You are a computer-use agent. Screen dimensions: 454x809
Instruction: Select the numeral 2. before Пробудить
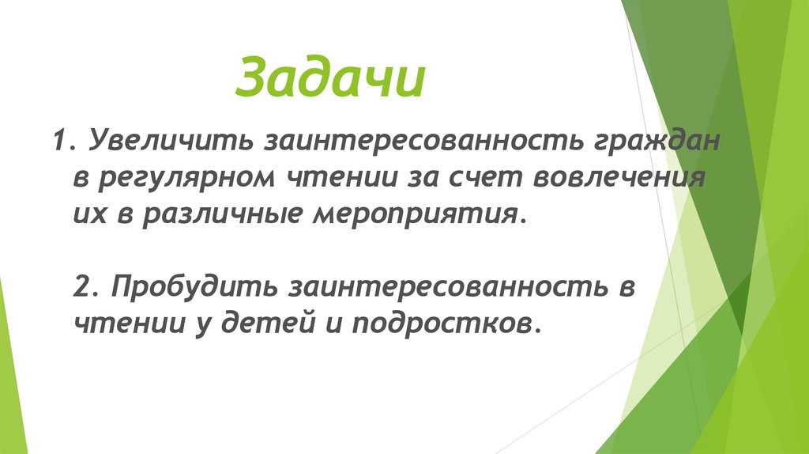[85, 287]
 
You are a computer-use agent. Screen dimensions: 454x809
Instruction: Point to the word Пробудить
[189, 287]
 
